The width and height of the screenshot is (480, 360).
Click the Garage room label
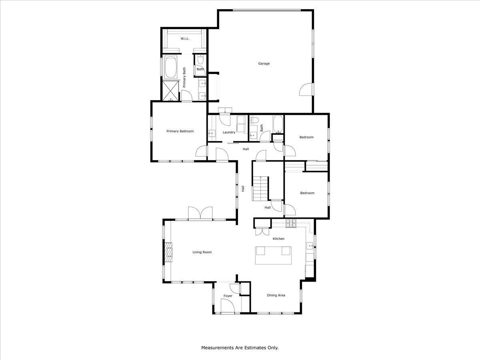[264, 64]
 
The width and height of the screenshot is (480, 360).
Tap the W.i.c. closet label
[185, 38]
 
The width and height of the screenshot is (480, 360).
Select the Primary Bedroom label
[180, 131]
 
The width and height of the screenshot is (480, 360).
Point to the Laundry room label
[229, 132]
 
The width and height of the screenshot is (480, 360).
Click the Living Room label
[202, 252]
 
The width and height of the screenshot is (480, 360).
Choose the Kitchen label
[278, 239]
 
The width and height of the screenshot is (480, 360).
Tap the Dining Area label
[276, 295]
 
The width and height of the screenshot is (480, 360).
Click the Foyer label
[228, 296]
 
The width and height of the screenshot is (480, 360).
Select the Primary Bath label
[184, 77]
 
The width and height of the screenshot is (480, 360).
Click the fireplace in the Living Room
[168, 252]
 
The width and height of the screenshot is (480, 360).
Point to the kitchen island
[274, 255]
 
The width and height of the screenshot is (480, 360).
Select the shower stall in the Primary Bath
[170, 90]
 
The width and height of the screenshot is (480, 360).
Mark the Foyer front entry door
[227, 307]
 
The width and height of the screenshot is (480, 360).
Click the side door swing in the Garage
[306, 90]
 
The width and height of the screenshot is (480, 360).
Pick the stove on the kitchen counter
[291, 224]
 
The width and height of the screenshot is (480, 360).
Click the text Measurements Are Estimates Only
[240, 348]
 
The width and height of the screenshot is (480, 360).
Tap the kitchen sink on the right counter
[310, 246]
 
